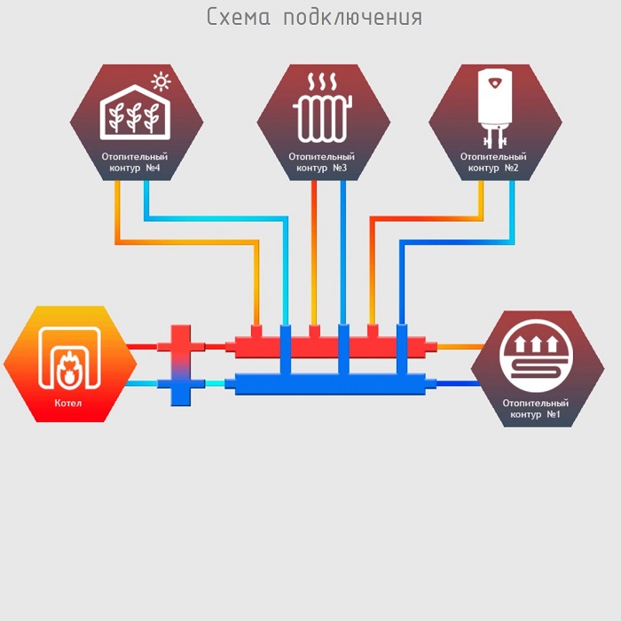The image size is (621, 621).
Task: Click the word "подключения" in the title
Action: click(352, 18)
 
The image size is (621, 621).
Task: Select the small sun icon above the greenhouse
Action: click(161, 83)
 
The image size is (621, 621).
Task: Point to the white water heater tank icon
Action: click(495, 105)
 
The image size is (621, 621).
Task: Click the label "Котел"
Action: click(67, 404)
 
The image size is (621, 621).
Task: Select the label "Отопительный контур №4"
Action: click(136, 161)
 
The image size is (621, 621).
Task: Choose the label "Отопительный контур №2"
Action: click(494, 161)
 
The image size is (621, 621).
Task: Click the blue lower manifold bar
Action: click(328, 384)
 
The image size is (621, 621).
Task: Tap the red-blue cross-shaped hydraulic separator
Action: click(180, 365)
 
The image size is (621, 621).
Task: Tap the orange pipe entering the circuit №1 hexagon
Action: click(457, 347)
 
